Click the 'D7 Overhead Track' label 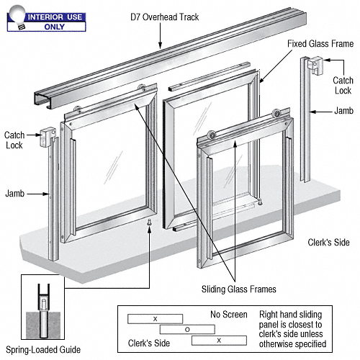click(165, 17)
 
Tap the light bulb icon click(17, 17)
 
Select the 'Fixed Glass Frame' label click(320, 44)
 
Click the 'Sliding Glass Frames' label click(239, 289)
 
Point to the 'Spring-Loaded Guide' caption click(43, 350)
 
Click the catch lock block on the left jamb click(48, 137)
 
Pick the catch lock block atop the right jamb click(315, 65)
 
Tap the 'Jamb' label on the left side click(15, 194)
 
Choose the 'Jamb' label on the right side click(343, 111)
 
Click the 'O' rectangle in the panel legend click(187, 330)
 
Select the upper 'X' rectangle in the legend click(155, 319)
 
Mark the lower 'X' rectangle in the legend click(219, 341)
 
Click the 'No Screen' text click(229, 315)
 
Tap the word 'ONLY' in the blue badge click(54, 27)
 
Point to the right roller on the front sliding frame click(276, 113)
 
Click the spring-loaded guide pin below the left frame click(149, 222)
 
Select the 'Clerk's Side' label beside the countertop click(328, 243)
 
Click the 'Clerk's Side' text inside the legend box click(149, 343)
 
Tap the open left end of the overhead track click(42, 101)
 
